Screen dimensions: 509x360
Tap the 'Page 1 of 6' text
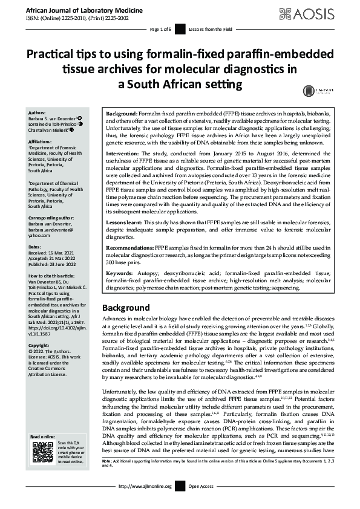(160, 29)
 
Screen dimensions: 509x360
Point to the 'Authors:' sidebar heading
(37, 112)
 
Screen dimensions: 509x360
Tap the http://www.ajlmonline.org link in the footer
(146, 503)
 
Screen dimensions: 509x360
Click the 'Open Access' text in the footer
(201, 503)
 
